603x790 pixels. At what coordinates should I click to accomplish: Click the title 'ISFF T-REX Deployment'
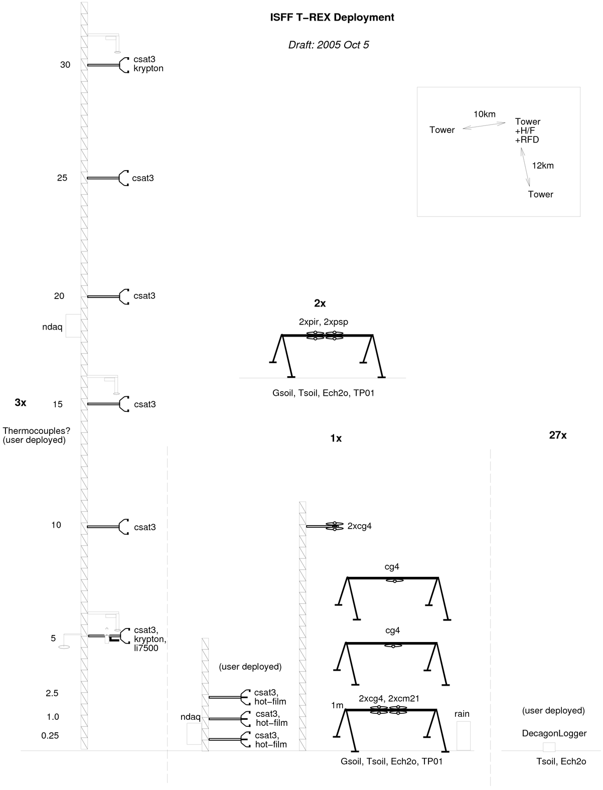click(332, 18)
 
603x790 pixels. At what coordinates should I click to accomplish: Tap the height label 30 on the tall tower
click(65, 65)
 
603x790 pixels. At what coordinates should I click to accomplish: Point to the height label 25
click(62, 178)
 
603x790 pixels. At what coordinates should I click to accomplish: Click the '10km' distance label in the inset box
click(485, 114)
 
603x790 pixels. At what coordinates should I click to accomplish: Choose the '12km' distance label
click(543, 166)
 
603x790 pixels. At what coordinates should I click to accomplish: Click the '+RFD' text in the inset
click(527, 139)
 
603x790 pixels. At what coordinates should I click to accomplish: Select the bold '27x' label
click(558, 435)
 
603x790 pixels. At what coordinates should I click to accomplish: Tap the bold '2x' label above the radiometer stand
click(320, 303)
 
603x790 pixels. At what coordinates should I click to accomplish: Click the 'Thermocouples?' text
click(36, 430)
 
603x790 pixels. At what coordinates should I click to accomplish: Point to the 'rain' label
click(462, 714)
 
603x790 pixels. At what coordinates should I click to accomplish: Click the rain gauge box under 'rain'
click(464, 736)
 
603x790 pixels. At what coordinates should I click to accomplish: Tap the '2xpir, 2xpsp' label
click(323, 322)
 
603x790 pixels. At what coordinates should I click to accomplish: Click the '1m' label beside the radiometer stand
click(337, 705)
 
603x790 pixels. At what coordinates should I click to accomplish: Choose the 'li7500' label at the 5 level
click(146, 648)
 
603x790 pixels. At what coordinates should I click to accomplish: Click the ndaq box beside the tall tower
click(73, 326)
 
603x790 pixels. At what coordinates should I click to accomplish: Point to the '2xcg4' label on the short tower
click(359, 526)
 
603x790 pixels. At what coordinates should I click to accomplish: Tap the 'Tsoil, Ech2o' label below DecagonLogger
click(561, 761)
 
